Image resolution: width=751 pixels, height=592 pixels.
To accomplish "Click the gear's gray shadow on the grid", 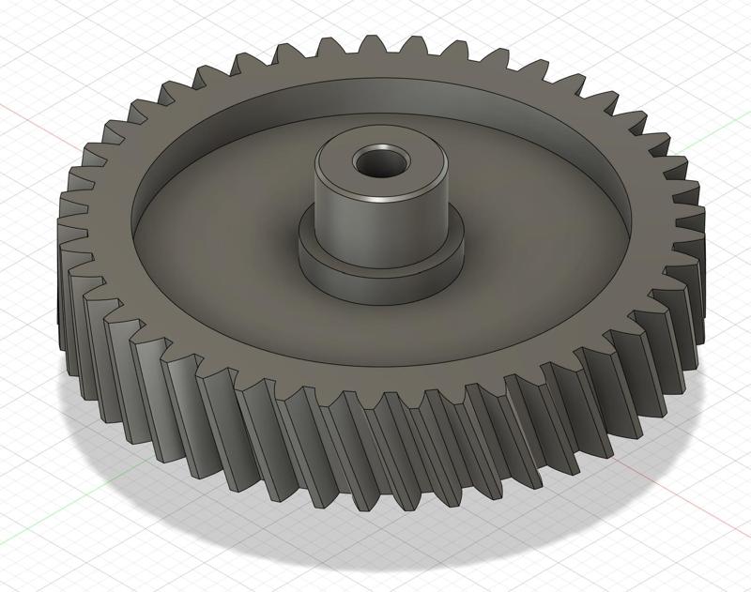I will tap(141, 469).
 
